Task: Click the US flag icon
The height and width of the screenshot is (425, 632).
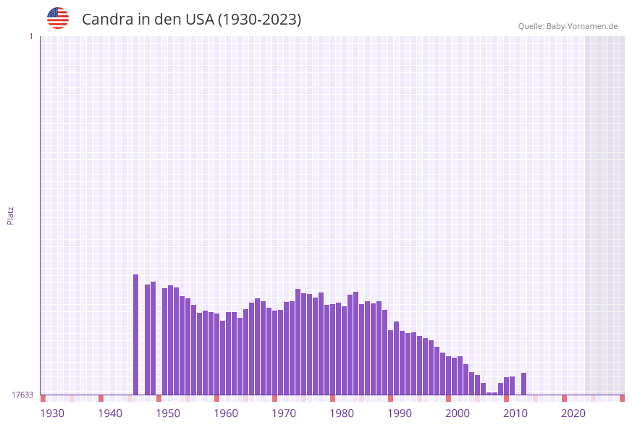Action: click(58, 18)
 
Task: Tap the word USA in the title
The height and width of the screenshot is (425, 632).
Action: click(200, 20)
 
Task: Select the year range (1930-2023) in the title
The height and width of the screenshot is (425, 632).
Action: click(260, 20)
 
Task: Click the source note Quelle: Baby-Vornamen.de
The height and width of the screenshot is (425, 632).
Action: click(568, 26)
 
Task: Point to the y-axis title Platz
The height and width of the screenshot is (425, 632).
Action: click(11, 215)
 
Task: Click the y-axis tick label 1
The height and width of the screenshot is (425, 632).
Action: click(30, 36)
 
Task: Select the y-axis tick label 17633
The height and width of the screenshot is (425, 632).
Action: click(22, 395)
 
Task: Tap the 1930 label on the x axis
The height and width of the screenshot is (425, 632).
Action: click(52, 413)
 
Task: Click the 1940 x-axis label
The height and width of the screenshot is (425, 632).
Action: click(110, 413)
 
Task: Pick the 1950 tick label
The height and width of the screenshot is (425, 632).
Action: click(168, 413)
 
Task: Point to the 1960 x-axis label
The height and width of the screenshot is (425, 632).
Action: click(226, 413)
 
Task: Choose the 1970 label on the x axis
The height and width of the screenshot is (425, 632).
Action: click(284, 413)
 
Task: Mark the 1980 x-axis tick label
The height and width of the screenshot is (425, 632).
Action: click(342, 413)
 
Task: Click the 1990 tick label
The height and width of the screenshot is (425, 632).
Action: click(400, 413)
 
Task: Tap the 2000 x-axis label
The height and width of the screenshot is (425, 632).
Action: click(458, 413)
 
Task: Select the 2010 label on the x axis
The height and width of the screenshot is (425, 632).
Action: click(515, 413)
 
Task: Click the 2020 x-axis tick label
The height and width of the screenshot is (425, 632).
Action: click(573, 413)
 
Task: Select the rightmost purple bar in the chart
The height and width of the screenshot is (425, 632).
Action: click(523, 384)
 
